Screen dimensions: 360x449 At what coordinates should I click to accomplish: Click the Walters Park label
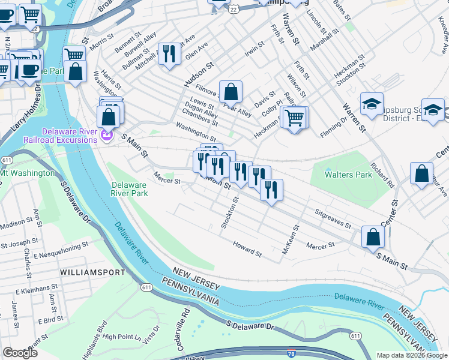(345, 175)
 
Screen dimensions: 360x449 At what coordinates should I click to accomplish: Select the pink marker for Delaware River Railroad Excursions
(107, 136)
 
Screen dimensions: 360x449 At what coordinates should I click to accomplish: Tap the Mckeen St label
(290, 239)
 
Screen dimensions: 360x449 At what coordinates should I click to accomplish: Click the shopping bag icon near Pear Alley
(231, 92)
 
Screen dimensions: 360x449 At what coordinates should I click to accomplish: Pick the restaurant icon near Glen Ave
(169, 53)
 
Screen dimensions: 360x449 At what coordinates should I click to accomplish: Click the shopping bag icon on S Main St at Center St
(373, 237)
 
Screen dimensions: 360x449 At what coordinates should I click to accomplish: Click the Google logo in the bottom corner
(20, 353)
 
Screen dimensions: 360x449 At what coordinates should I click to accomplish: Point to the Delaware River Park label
(130, 189)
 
